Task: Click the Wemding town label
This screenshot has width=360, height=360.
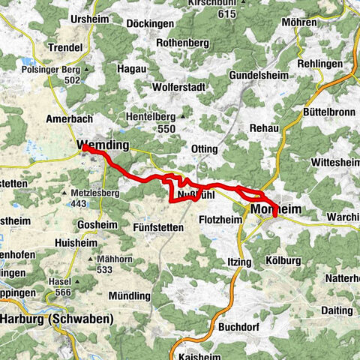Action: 103,145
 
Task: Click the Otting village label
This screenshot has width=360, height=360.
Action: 205,148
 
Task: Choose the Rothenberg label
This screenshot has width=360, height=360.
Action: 183,43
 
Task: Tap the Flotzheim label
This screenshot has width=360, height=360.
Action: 221,220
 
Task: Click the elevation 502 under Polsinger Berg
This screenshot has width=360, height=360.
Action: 72,79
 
